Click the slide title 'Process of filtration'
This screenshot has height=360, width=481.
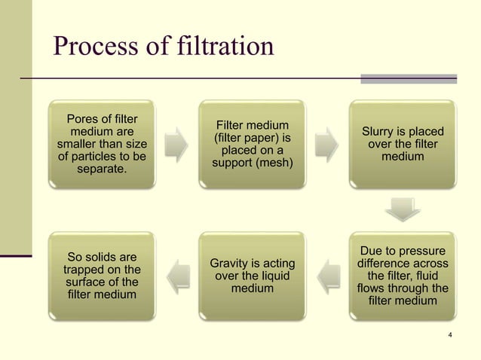pyautogui.click(x=163, y=47)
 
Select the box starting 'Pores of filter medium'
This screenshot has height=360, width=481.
pyautogui.click(x=102, y=143)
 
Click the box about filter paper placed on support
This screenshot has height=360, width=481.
pyautogui.click(x=253, y=143)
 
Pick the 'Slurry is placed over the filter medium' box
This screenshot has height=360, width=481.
pyautogui.click(x=403, y=143)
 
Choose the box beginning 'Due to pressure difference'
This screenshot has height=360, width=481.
pyautogui.click(x=403, y=276)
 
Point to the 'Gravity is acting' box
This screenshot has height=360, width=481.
pyautogui.click(x=253, y=276)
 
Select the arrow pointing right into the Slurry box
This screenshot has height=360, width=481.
pyautogui.click(x=327, y=144)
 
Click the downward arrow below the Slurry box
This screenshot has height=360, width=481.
pyautogui.click(x=403, y=209)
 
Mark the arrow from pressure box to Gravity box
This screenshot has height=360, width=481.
pyautogui.click(x=327, y=276)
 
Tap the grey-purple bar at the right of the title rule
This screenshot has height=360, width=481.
pyautogui.click(x=408, y=78)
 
